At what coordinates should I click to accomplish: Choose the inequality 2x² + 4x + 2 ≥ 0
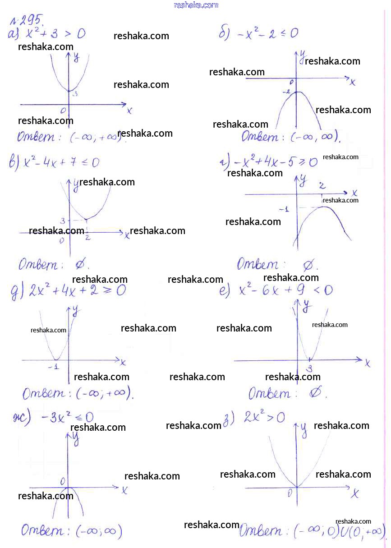(77, 291)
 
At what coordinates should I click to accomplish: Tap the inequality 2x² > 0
(264, 417)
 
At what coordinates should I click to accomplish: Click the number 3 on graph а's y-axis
(75, 94)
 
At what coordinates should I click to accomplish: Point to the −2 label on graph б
(286, 92)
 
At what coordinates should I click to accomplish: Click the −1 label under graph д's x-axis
(54, 367)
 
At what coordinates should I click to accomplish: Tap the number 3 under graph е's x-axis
(309, 368)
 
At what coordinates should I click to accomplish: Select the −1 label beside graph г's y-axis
(284, 209)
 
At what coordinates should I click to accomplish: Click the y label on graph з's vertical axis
(304, 430)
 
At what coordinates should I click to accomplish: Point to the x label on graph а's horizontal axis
(129, 111)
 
